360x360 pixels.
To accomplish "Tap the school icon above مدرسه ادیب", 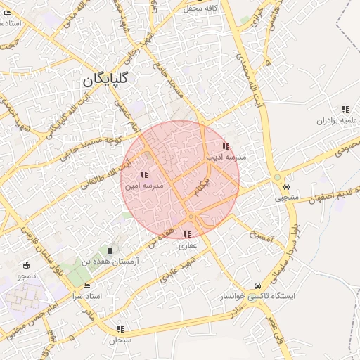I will (x=226, y=147).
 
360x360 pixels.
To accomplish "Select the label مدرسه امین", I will (x=144, y=186).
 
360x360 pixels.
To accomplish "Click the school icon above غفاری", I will (x=187, y=234).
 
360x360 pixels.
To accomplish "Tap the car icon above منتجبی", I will (x=287, y=186).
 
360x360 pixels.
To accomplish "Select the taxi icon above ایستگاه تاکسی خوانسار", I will (x=258, y=285).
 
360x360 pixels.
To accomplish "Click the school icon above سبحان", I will (x=121, y=329).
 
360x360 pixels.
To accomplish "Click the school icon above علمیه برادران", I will (x=345, y=109).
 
